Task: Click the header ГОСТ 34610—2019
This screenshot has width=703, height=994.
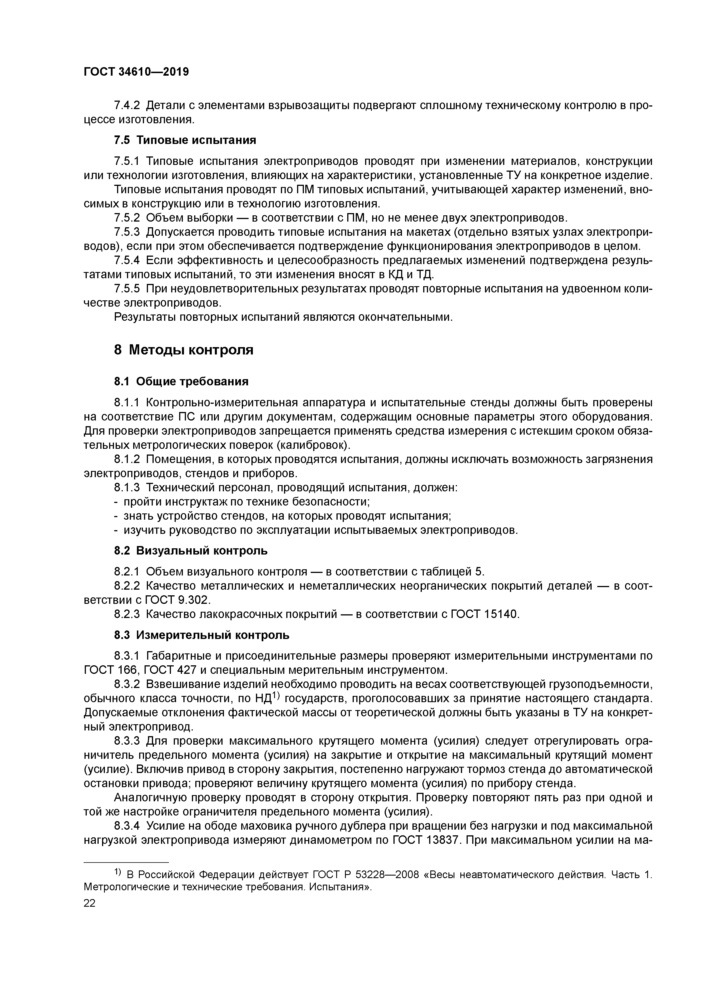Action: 136,72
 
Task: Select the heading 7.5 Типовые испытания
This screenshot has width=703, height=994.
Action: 185,140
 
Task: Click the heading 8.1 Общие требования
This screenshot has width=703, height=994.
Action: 181,381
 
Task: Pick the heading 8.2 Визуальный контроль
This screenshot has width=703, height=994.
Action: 190,551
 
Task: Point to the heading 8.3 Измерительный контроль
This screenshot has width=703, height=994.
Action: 202,635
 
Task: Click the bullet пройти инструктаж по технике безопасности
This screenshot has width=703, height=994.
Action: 246,502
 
